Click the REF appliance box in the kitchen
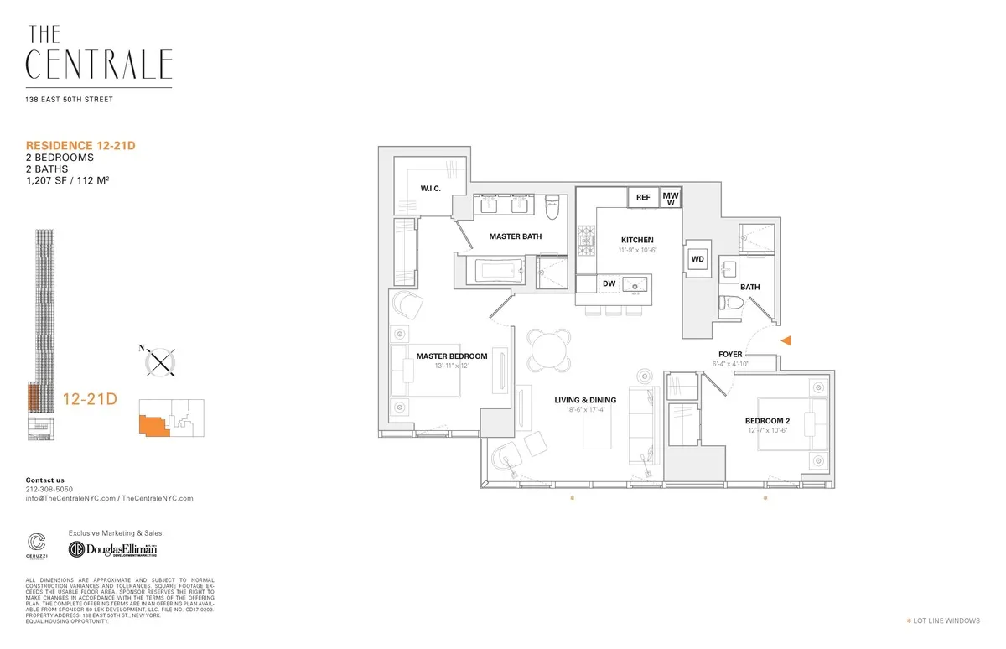pos(643,198)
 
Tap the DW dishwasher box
pos(609,283)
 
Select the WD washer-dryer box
pos(697,259)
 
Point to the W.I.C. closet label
pos(431,188)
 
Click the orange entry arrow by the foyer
pos(786,340)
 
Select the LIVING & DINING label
pos(586,400)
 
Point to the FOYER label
pos(730,355)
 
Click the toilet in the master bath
pos(552,205)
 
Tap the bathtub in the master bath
pos(499,271)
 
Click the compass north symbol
pos(159,362)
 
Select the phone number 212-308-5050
pos(49,489)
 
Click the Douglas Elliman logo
pos(113,549)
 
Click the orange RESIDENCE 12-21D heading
pos(80,146)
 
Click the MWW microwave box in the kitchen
pos(671,198)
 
